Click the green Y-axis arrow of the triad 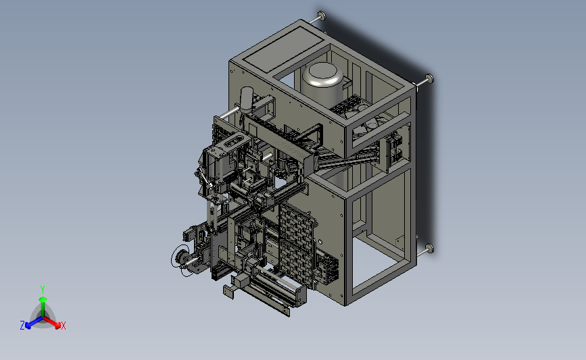pyautogui.click(x=43, y=306)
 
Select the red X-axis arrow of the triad pyautogui.click(x=51, y=322)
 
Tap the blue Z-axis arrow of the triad pyautogui.click(x=34, y=323)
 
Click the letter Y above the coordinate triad pyautogui.click(x=43, y=290)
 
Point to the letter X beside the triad pyautogui.click(x=64, y=326)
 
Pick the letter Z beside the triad pyautogui.click(x=22, y=326)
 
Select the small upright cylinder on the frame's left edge pyautogui.click(x=247, y=100)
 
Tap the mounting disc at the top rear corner pyautogui.click(x=322, y=16)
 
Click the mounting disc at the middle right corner pyautogui.click(x=429, y=78)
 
